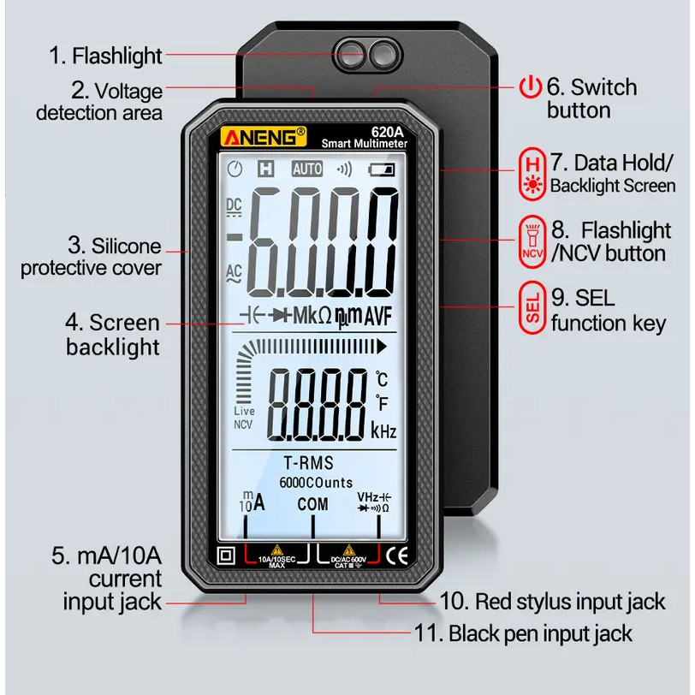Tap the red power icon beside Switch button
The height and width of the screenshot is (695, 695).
(532, 87)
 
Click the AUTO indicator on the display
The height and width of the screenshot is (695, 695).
(307, 169)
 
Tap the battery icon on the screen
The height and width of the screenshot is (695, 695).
(383, 169)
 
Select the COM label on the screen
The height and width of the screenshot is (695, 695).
(312, 504)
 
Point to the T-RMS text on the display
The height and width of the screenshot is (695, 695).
(306, 463)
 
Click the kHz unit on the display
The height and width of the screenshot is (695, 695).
(383, 431)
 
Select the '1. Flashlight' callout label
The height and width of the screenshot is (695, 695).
(105, 56)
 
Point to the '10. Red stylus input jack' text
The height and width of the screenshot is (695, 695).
(552, 602)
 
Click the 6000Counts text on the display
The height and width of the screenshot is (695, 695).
(316, 483)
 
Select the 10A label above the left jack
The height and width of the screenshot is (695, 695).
(252, 502)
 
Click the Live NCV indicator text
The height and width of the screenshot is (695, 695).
(244, 418)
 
